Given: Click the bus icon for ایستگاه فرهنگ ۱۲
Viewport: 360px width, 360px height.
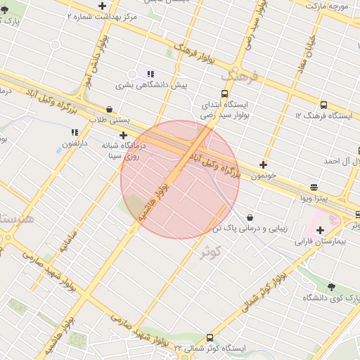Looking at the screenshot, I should click(323, 105).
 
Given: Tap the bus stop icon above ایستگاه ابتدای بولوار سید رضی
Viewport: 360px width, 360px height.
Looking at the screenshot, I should click(224, 94).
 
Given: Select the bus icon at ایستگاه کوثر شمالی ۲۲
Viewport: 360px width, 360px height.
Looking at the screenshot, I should click(210, 337).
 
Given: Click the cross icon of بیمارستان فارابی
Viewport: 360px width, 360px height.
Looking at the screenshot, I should click(321, 230).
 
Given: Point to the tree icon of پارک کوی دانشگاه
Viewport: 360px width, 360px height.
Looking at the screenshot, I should click(331, 287).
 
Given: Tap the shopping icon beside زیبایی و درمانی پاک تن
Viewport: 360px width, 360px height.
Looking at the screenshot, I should click(250, 218).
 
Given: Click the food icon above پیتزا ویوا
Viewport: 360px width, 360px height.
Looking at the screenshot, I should click(313, 187).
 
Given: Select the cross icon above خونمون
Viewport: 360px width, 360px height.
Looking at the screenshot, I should click(263, 165).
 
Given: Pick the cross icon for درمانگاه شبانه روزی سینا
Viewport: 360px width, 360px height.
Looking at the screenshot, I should click(124, 135).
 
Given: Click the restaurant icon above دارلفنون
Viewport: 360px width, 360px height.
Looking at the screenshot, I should click(75, 131).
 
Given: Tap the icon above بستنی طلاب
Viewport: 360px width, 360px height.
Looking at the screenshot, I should click(110, 109).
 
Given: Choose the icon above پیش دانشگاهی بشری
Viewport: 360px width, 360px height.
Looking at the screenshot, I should click(150, 74).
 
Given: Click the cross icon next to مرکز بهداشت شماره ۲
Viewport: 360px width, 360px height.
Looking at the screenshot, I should click(102, 6).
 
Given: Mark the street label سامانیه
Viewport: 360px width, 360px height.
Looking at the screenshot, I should click(58, 240).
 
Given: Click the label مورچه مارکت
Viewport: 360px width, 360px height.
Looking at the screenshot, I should click(326, 5).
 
